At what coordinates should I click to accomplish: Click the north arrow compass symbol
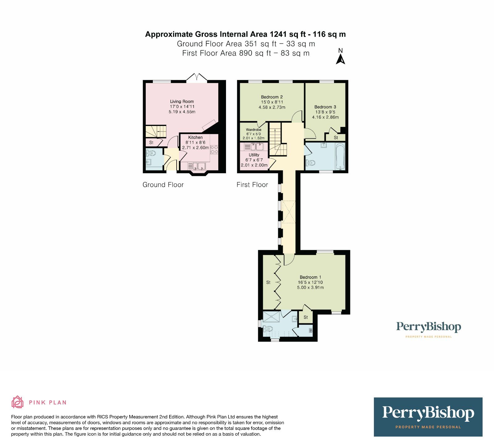pyautogui.click(x=340, y=59)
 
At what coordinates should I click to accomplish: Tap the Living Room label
pyautogui.click(x=182, y=101)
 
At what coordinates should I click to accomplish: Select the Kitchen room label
pyautogui.click(x=195, y=137)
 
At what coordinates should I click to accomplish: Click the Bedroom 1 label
pyautogui.click(x=310, y=277)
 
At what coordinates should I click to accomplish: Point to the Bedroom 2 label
pyautogui.click(x=272, y=97)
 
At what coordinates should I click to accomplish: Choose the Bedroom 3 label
pyautogui.click(x=325, y=107)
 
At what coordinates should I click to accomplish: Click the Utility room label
pyautogui.click(x=254, y=155)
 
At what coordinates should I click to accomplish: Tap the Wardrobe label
pyautogui.click(x=253, y=130)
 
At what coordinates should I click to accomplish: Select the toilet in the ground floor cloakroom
pyautogui.click(x=151, y=153)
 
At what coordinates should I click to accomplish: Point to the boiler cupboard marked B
pyautogui.click(x=311, y=331)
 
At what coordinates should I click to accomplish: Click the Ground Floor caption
pyautogui.click(x=163, y=185)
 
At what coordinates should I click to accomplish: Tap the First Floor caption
pyautogui.click(x=252, y=185)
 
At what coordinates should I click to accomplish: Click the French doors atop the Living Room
pyautogui.click(x=196, y=77)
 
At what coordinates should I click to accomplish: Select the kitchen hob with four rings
pyautogui.click(x=214, y=150)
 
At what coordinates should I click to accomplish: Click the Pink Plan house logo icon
pyautogui.click(x=18, y=402)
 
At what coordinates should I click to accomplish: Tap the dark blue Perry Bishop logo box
pyautogui.click(x=428, y=417)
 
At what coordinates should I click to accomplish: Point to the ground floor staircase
pyautogui.click(x=156, y=132)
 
